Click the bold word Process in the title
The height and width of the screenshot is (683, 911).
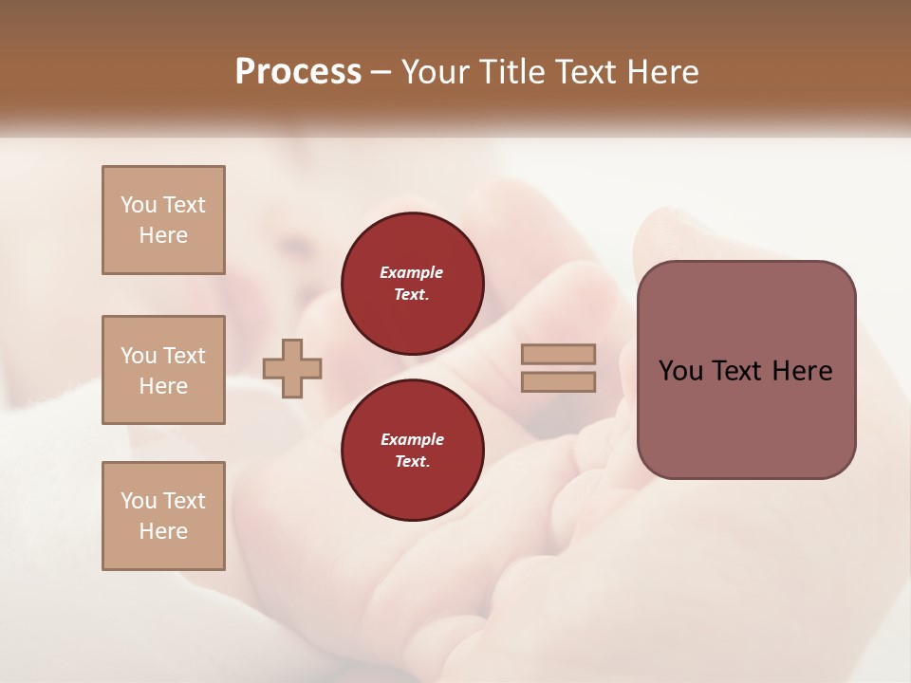point(298,72)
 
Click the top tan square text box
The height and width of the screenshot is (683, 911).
point(163,220)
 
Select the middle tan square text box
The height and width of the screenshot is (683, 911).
point(163,370)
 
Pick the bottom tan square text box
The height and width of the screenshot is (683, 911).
point(163,516)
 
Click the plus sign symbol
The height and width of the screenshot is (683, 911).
point(292,368)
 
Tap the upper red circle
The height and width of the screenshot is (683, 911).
point(413,283)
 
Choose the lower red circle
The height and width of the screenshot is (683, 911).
point(413,450)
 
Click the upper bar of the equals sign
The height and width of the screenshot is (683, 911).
point(558,354)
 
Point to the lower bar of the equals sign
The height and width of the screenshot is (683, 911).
point(558,381)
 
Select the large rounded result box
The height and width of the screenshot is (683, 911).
point(746,370)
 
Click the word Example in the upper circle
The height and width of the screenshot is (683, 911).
point(412,272)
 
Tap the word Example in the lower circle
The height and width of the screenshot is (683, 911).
point(412,439)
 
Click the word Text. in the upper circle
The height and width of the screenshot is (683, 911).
point(412,294)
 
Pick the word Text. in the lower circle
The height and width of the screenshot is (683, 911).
point(412,461)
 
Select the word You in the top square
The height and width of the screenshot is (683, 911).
point(138,205)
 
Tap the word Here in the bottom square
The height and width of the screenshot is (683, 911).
point(163,531)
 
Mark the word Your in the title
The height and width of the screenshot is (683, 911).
point(433,72)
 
